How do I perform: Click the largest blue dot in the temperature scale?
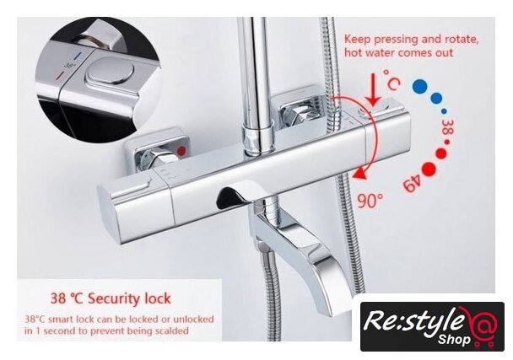click(x=420, y=87)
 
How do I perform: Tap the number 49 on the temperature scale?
click(x=412, y=184)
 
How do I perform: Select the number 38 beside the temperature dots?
click(x=447, y=126)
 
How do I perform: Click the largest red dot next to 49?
click(x=429, y=169)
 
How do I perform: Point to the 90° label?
click(x=370, y=201)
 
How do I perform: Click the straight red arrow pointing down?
click(x=373, y=89)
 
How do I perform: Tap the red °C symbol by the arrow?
click(x=391, y=79)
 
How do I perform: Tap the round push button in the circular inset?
click(x=111, y=71)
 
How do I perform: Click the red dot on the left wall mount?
click(x=181, y=150)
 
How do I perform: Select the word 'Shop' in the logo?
click(x=454, y=340)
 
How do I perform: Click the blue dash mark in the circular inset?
click(x=78, y=56)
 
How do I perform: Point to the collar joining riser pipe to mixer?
click(x=257, y=137)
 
